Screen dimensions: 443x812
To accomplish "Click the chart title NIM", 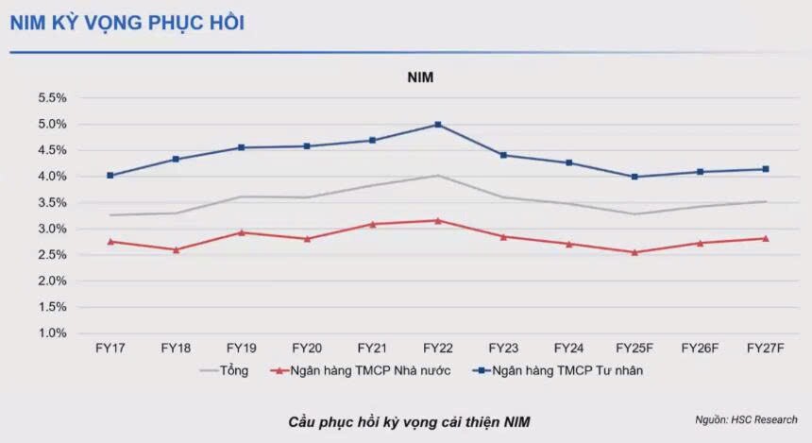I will [x=420, y=77].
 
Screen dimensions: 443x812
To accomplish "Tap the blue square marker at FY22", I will [x=438, y=125].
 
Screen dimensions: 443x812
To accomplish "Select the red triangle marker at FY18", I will [x=176, y=249].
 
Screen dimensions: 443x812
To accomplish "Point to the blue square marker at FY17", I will [x=110, y=176].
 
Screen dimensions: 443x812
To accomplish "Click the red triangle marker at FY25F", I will [x=634, y=252].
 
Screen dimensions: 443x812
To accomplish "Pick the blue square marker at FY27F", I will [x=766, y=169].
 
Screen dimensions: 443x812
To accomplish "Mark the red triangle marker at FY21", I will [x=373, y=224].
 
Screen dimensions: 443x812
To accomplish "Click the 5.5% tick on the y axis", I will [x=52, y=98].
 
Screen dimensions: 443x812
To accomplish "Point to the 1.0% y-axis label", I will [x=52, y=333].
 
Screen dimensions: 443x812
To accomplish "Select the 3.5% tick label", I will [x=52, y=203].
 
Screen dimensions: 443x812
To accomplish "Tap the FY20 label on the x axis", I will [x=307, y=348].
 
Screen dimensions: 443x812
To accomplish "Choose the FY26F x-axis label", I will [x=700, y=348].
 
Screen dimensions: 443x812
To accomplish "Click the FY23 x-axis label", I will [x=503, y=348].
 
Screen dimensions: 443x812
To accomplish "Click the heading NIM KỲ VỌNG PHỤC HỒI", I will [x=127, y=23].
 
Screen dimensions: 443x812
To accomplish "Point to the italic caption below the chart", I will [x=415, y=420].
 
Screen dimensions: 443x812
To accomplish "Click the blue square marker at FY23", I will [x=503, y=155].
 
